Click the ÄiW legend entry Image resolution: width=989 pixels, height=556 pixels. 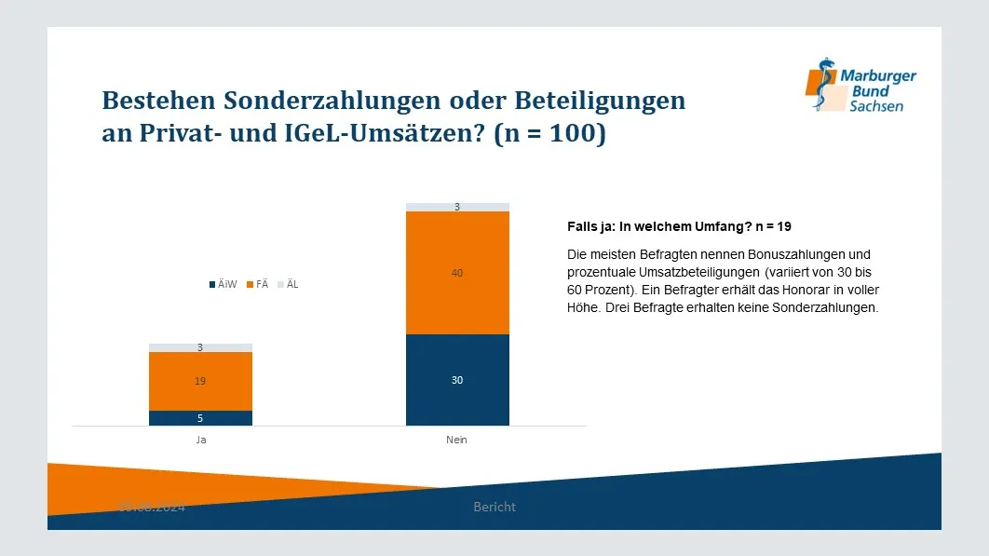click(x=224, y=284)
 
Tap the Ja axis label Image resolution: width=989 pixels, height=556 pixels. click(x=200, y=440)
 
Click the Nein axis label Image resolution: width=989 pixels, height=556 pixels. click(x=457, y=440)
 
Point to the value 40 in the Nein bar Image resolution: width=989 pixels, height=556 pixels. click(x=457, y=273)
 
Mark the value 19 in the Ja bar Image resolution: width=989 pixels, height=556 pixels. click(x=200, y=381)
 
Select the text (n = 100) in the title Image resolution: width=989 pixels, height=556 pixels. click(x=549, y=134)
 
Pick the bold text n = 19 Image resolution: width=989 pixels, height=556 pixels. click(x=768, y=226)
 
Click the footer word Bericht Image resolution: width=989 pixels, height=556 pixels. click(x=494, y=507)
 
